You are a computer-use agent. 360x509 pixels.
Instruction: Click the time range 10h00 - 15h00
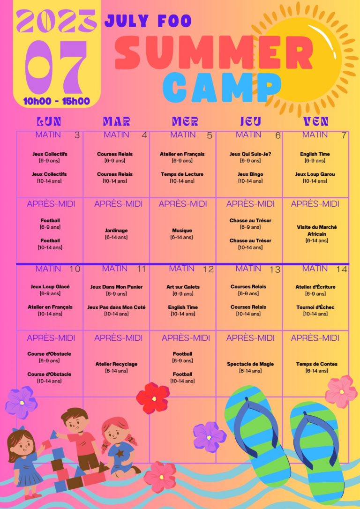pos(56,101)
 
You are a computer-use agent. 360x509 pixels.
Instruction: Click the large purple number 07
pos(56,67)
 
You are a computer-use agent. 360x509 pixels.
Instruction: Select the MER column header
pos(185,121)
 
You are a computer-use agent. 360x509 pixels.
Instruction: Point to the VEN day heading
pos(315,121)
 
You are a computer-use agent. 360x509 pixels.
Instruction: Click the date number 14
pos(342,269)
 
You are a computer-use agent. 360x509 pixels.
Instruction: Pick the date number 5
pos(210,136)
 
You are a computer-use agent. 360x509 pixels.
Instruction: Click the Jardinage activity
pos(116,231)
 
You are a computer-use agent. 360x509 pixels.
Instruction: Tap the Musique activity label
pos(182,231)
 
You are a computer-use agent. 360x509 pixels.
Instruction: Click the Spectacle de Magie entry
pos(250,364)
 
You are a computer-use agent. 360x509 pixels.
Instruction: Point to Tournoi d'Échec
pos(315,307)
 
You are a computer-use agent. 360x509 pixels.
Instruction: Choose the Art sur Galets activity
pos(183,287)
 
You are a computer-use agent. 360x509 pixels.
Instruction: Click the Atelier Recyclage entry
pos(116,364)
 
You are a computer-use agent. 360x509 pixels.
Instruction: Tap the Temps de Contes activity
pos(317,364)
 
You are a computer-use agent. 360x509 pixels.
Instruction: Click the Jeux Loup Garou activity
pos(315,174)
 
